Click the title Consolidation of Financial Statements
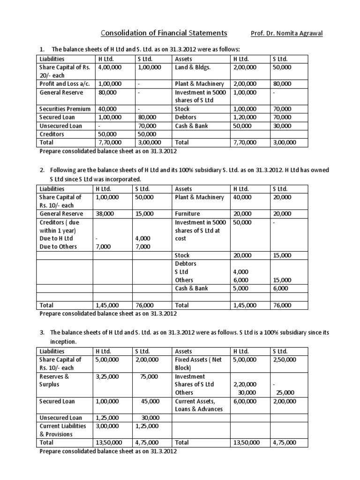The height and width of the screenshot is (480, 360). [x=164, y=33]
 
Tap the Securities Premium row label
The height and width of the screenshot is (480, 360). [x=65, y=109]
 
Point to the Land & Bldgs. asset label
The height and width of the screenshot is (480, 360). [x=190, y=67]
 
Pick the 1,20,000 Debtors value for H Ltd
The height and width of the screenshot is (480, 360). [x=244, y=117]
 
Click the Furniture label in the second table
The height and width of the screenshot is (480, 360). [x=187, y=213]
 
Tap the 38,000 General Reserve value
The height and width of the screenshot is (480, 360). [x=105, y=213]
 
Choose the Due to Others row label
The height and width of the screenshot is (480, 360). [x=58, y=247]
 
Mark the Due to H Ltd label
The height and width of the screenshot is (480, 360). [x=56, y=238]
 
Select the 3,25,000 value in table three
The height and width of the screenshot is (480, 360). [x=107, y=376]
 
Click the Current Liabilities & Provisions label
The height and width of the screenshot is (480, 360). [x=63, y=430]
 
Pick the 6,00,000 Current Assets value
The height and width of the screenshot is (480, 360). [x=244, y=401]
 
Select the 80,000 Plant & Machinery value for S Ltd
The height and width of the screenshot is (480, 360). [x=282, y=84]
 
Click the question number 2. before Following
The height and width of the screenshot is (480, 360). [x=43, y=170]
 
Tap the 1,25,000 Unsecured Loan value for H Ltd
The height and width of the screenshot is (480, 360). [x=107, y=418]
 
